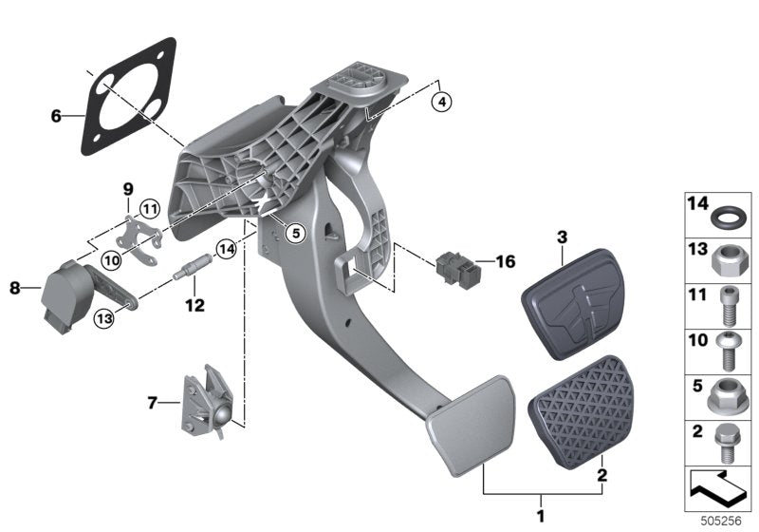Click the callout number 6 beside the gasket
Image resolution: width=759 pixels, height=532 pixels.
[56, 117]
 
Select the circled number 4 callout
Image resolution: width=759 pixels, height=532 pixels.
[441, 100]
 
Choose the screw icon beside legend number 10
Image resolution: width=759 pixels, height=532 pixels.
[729, 351]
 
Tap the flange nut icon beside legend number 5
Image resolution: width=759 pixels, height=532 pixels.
[729, 396]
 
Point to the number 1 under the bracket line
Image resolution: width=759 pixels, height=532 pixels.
[542, 516]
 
